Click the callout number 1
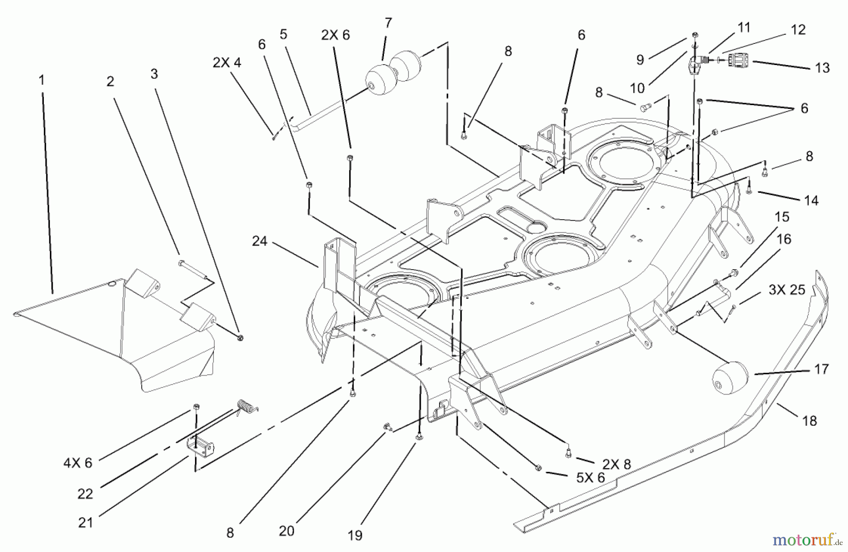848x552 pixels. click(41, 80)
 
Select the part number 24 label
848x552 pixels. click(260, 241)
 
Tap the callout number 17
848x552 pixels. click(821, 369)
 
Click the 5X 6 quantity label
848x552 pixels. click(590, 478)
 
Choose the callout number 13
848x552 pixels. click(822, 68)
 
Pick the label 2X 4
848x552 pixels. click(227, 63)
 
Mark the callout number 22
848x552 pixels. click(85, 494)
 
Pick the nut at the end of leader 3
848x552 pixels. click(240, 338)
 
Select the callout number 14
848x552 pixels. click(811, 200)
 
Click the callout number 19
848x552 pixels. click(355, 536)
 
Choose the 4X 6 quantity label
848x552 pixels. click(78, 463)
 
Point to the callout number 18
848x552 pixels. click(809, 420)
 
